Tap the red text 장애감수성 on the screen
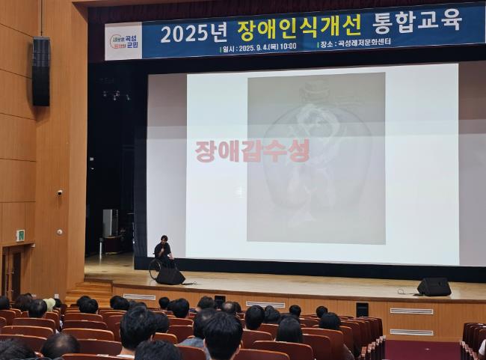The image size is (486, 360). click(252, 151)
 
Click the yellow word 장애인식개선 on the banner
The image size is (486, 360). click(299, 28)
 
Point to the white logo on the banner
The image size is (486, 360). click(123, 41)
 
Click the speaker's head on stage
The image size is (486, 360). click(162, 240)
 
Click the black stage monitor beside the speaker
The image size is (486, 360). click(170, 276)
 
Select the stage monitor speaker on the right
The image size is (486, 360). click(434, 287)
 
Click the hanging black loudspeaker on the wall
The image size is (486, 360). click(40, 71)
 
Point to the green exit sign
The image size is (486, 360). click(20, 235)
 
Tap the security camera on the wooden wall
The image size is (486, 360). click(60, 192)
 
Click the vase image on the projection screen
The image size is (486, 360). click(316, 157)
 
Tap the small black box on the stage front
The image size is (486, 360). click(362, 309)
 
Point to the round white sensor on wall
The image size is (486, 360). click(59, 231)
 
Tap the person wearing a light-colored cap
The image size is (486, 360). click(49, 304)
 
